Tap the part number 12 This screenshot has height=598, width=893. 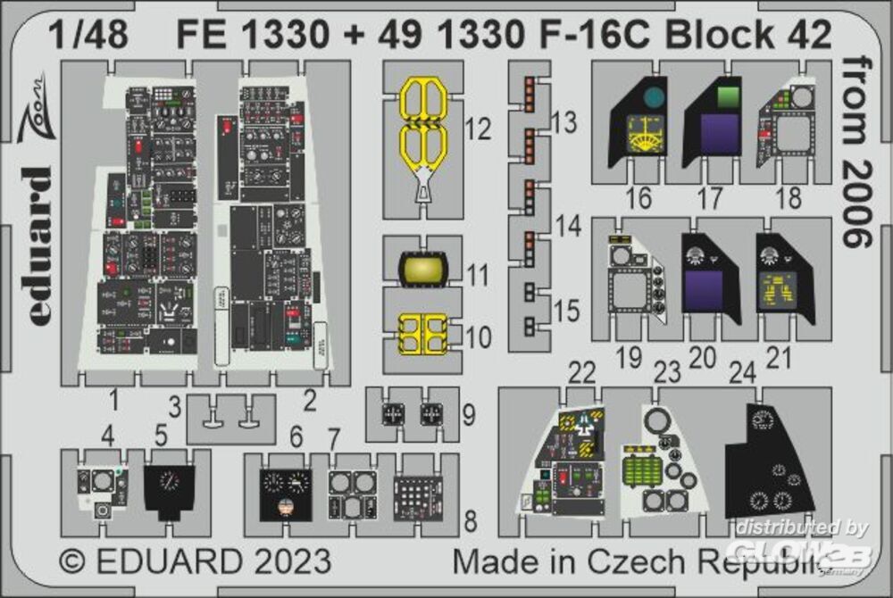tap(479, 130)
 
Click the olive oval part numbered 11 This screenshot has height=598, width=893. tap(422, 268)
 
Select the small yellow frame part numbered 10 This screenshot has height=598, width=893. tap(421, 334)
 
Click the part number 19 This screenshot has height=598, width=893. tap(629, 358)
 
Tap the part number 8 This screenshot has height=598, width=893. tap(470, 519)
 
